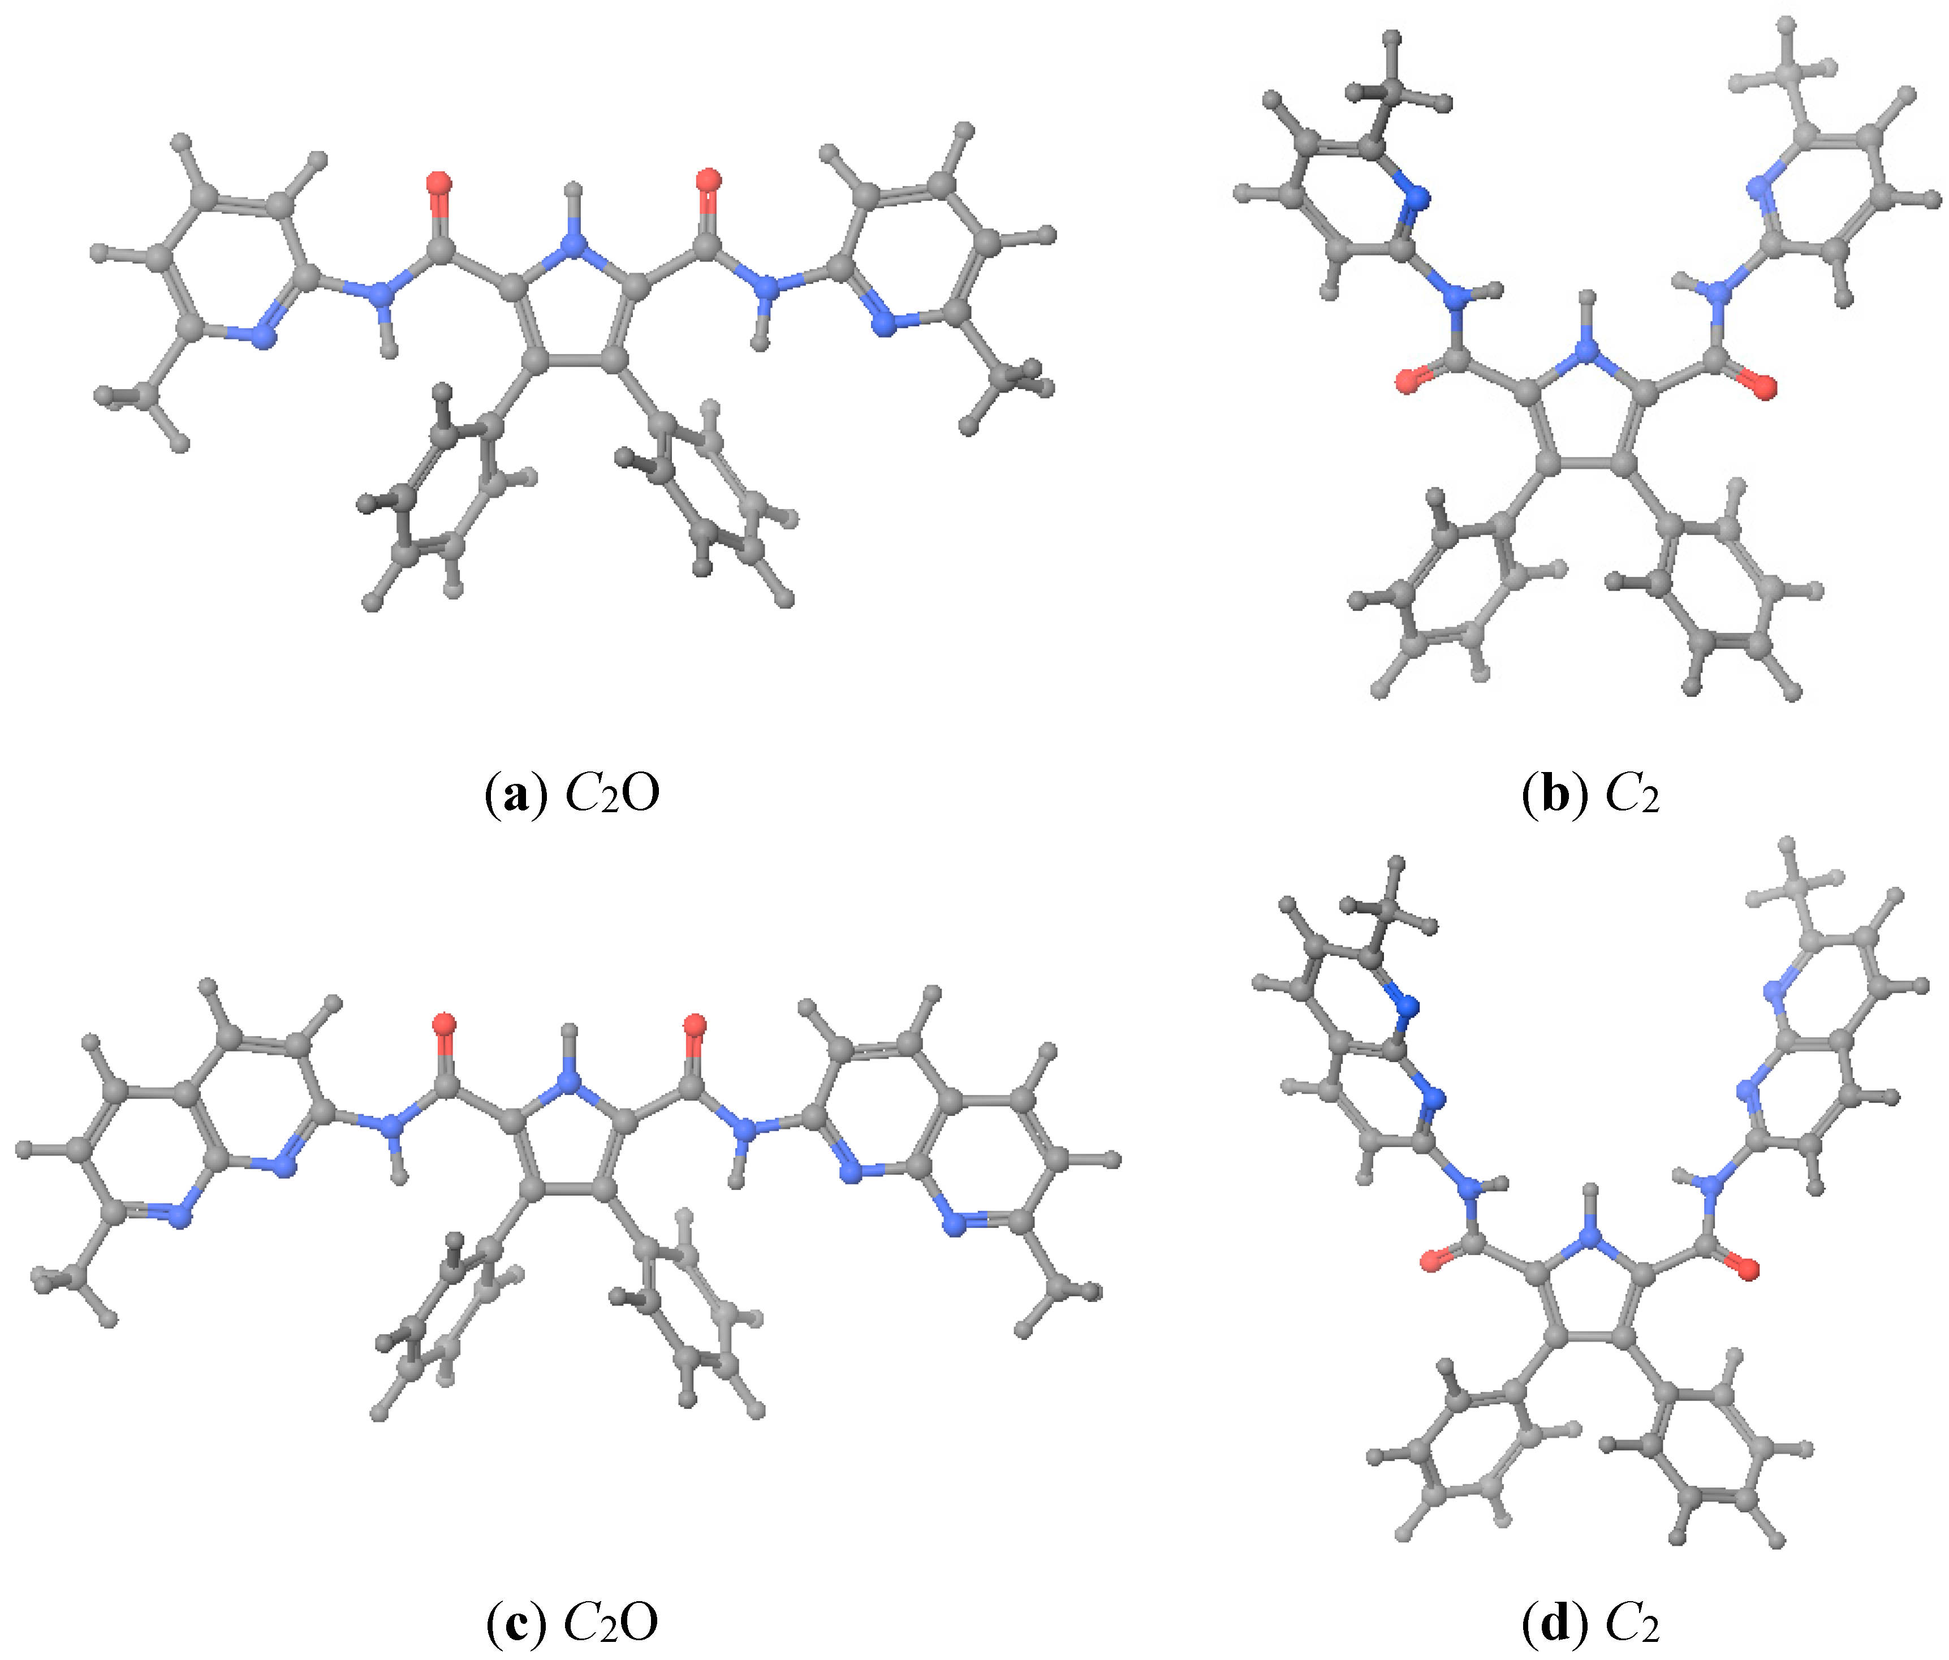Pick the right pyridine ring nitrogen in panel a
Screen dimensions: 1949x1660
pos(882,325)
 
